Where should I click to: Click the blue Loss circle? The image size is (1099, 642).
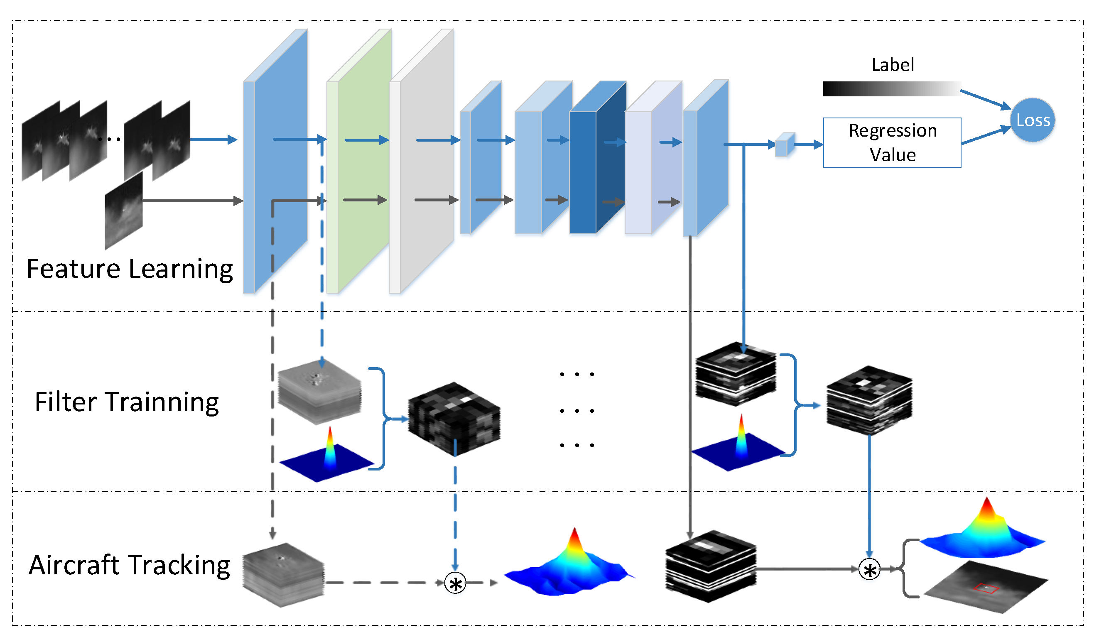(x=1032, y=120)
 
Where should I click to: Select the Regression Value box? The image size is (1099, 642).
(x=892, y=142)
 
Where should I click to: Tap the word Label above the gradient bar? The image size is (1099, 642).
(x=892, y=65)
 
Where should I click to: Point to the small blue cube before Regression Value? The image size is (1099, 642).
(x=784, y=145)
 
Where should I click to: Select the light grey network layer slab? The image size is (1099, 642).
(x=425, y=166)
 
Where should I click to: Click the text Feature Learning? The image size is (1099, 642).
(x=130, y=269)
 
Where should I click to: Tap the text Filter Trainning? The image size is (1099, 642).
(x=126, y=402)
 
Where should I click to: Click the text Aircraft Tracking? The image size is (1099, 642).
(x=129, y=565)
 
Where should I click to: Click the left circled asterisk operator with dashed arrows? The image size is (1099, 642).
(x=455, y=583)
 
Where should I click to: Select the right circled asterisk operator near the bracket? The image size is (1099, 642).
(x=869, y=570)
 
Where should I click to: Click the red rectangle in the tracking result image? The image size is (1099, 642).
(x=986, y=589)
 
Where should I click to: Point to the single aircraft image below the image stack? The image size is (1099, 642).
(x=124, y=211)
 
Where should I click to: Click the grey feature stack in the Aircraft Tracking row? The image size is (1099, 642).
(x=283, y=575)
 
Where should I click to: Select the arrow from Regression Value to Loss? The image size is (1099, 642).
(x=986, y=135)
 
